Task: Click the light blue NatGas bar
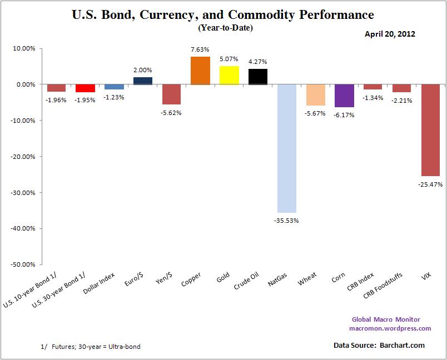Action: coord(287,148)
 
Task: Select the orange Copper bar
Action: coord(200,71)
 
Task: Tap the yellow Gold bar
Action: coord(229,75)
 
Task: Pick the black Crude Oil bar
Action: coord(258,77)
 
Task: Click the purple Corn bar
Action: coord(345,96)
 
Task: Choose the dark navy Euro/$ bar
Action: coord(142,81)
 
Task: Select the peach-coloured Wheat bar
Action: coord(316,94)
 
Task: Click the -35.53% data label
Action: coord(287,221)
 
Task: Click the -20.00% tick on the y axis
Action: coord(24,157)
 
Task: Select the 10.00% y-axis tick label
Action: coord(25,48)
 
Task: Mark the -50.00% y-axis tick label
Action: coord(24,264)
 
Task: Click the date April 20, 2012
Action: coord(390,34)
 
